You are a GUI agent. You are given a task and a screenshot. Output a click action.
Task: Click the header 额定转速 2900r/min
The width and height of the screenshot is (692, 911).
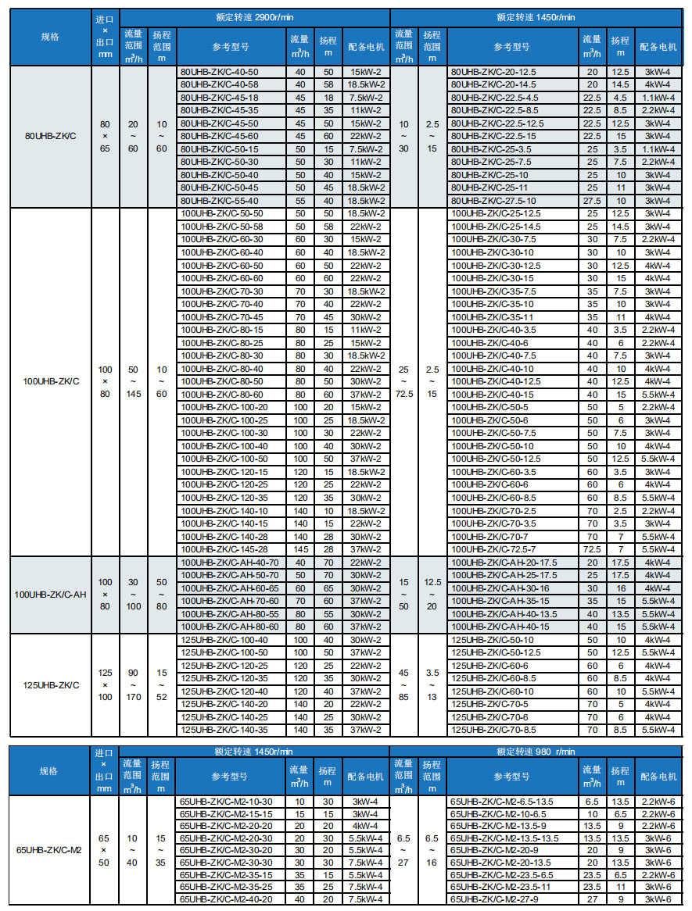coord(255,16)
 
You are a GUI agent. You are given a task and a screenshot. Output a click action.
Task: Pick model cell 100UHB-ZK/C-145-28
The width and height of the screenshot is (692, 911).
coord(221,548)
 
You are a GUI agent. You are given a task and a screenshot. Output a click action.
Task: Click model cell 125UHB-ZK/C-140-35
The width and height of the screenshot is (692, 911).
coord(221,730)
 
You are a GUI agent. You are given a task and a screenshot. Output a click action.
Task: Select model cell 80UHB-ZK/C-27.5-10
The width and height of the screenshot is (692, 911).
coord(492,201)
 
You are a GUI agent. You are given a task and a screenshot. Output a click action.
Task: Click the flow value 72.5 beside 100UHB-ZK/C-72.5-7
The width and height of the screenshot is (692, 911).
coord(592,549)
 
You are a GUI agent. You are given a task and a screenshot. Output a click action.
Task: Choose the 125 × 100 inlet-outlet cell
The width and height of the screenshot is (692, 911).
coord(105,685)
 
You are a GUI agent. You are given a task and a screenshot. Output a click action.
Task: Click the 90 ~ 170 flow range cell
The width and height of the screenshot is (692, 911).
coord(134,685)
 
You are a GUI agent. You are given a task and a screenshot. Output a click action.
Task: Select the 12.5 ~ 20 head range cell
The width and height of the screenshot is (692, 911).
coord(432,595)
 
